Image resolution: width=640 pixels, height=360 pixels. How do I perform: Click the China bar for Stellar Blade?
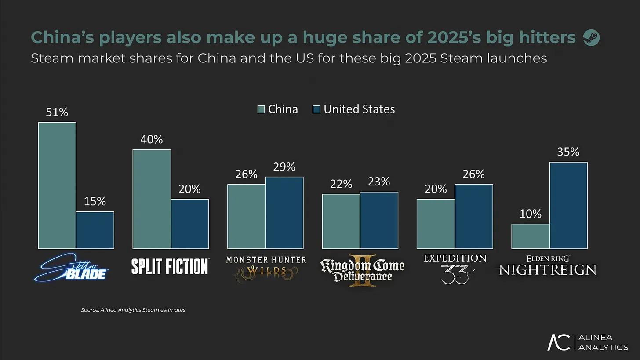point(57,185)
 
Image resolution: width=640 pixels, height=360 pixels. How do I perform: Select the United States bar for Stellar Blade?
point(95,230)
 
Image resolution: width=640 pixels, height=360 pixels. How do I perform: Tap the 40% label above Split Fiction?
point(152,139)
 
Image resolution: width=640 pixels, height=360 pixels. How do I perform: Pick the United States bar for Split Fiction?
point(190,224)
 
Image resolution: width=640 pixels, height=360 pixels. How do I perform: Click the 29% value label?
point(284,167)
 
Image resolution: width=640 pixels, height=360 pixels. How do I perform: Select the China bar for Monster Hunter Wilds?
point(246,217)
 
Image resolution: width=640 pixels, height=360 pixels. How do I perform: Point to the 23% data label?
point(379,182)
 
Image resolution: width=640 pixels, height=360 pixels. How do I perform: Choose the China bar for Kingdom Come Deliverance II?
point(341,222)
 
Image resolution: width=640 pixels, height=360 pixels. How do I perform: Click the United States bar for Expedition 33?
point(474,217)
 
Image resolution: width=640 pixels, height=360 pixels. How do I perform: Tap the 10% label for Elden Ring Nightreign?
point(531,214)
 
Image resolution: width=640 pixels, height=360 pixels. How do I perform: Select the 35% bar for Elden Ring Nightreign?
point(568,205)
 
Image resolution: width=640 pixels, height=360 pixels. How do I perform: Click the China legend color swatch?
point(261,109)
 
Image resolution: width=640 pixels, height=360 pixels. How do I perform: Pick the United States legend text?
point(359,109)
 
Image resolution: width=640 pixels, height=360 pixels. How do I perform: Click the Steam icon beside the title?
point(591,38)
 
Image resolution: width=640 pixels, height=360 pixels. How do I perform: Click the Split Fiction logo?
point(170,266)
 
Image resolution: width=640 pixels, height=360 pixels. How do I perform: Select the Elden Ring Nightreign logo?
point(548,265)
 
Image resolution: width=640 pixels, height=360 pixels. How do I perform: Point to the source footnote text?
point(133,310)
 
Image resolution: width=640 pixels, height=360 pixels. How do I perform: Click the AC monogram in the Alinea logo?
point(559,342)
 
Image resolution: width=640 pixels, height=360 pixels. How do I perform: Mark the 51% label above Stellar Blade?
point(57,112)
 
